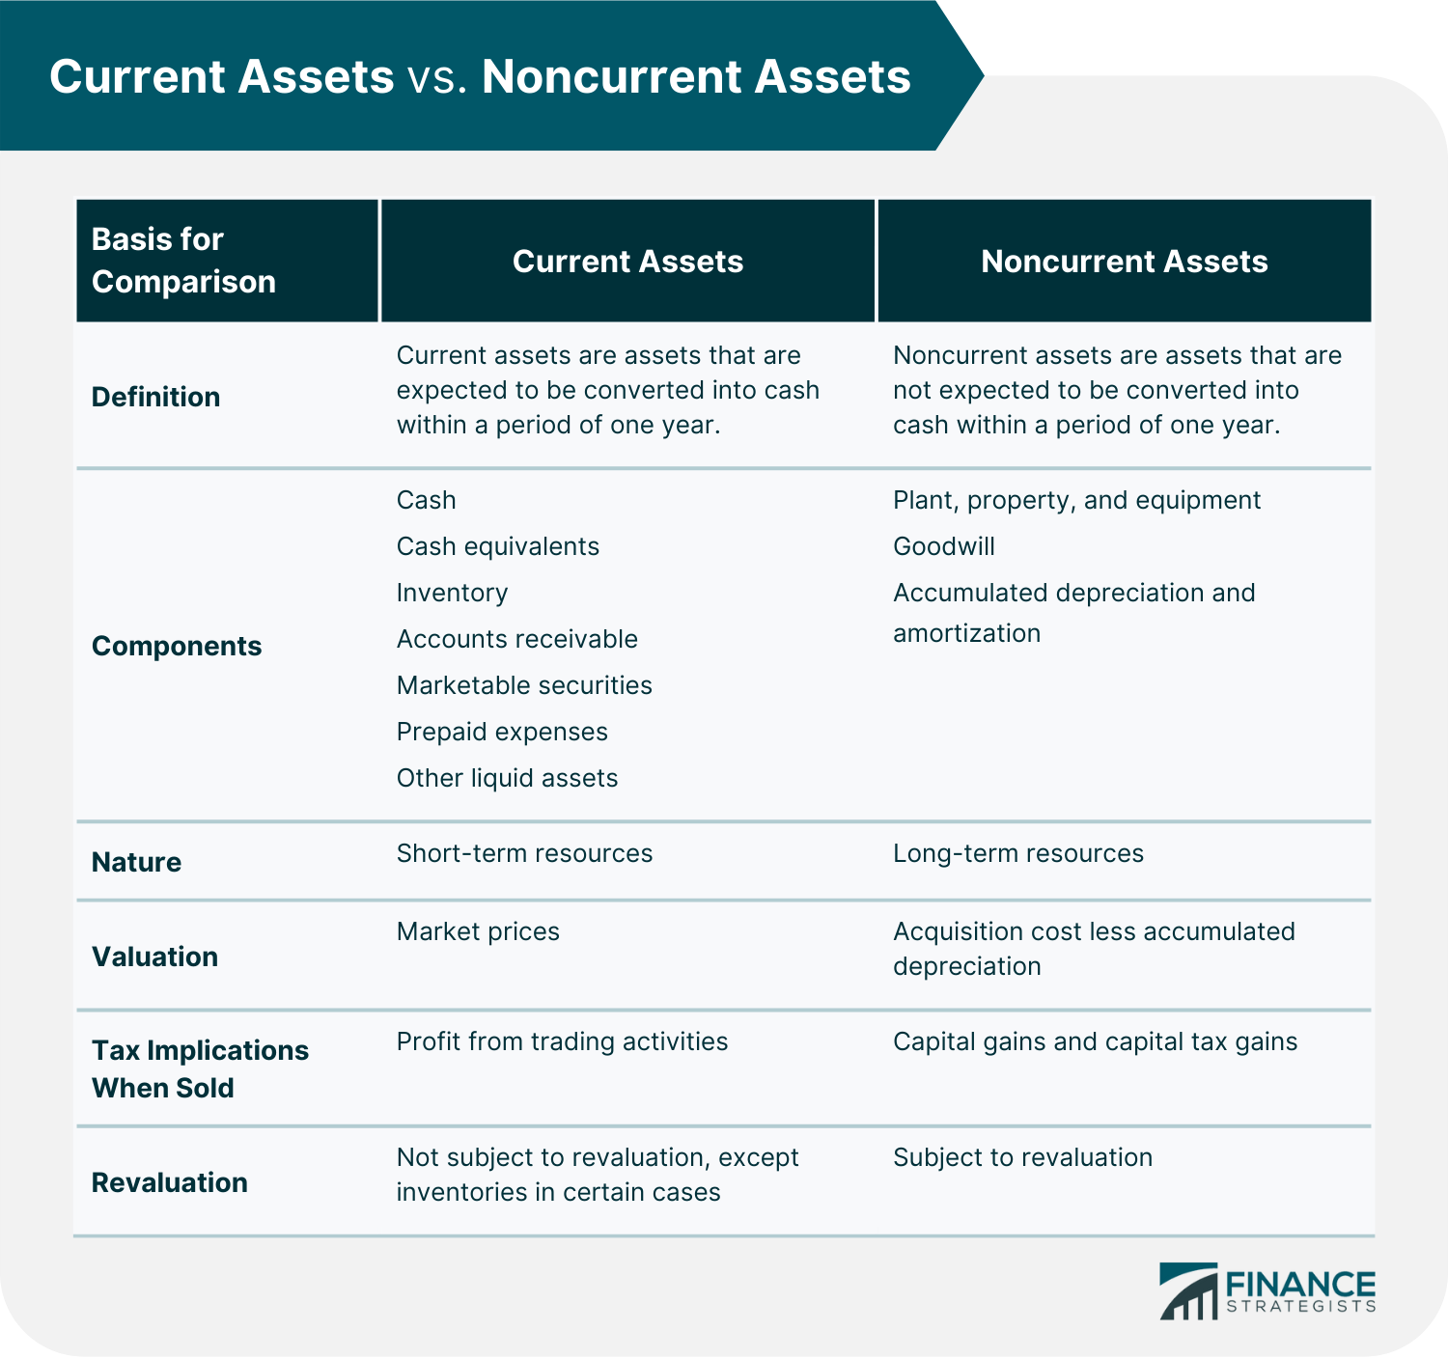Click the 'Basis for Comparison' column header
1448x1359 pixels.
point(183,261)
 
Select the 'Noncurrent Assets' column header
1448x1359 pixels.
point(1124,262)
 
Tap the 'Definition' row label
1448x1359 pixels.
point(155,397)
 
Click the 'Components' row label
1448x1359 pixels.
point(177,646)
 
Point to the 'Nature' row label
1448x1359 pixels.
point(136,862)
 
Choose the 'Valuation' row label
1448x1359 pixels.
point(154,957)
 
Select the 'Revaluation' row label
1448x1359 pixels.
point(169,1182)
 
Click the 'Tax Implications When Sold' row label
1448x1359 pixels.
point(200,1068)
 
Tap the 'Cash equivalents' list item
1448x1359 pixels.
point(497,546)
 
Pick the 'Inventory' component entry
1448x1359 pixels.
point(452,593)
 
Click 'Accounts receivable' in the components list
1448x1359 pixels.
point(516,639)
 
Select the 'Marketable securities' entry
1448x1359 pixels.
point(524,685)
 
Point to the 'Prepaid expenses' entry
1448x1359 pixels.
point(502,732)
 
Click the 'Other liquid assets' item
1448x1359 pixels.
point(507,778)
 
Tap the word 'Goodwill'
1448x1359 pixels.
point(943,546)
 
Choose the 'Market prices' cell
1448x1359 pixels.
point(478,931)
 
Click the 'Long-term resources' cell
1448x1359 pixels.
point(1017,853)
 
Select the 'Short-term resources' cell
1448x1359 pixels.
point(524,853)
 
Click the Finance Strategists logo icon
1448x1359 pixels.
point(1188,1291)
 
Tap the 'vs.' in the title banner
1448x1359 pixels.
point(437,77)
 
